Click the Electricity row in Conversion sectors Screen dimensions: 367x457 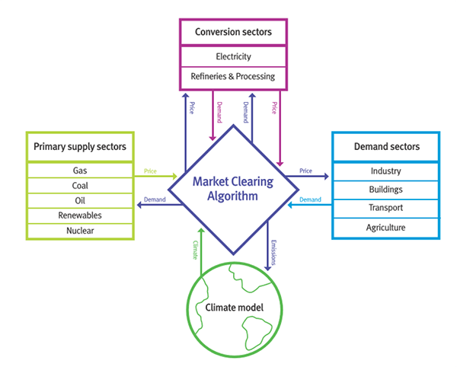[x=233, y=56]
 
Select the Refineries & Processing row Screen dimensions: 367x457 [x=233, y=76]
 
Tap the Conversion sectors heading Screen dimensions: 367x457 [x=233, y=32]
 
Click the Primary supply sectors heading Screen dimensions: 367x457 [x=79, y=146]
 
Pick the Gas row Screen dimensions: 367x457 [x=79, y=171]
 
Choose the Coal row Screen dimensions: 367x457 [x=79, y=186]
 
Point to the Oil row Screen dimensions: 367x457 [x=79, y=200]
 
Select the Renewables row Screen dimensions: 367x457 [x=79, y=215]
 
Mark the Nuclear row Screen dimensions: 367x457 [x=79, y=229]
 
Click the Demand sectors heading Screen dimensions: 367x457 [x=385, y=146]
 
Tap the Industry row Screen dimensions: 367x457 [x=385, y=171]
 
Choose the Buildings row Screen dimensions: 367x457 [x=385, y=190]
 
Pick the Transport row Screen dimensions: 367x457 [x=385, y=208]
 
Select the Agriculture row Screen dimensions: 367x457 [x=385, y=227]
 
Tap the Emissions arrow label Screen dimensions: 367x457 [x=273, y=251]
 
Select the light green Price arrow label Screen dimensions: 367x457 [x=150, y=171]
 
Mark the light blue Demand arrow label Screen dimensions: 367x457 [x=310, y=199]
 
